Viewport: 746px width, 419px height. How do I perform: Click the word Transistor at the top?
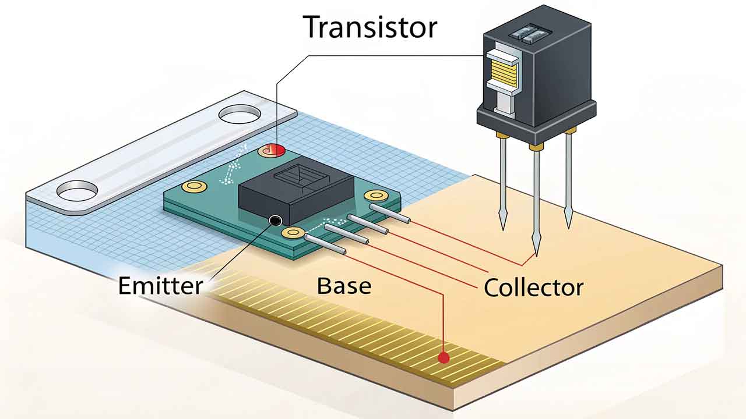pos(370,27)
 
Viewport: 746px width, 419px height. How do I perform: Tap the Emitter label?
pos(160,286)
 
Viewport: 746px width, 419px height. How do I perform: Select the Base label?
pos(344,286)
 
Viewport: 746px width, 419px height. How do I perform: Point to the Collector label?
pos(533,287)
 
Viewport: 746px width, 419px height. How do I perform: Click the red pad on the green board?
pos(272,151)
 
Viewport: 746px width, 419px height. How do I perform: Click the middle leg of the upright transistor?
pos(536,198)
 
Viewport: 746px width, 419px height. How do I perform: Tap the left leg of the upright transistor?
pos(502,180)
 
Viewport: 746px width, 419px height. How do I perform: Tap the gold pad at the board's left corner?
pos(191,186)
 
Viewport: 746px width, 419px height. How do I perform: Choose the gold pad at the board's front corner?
pos(291,234)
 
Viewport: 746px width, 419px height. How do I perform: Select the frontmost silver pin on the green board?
pos(325,245)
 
